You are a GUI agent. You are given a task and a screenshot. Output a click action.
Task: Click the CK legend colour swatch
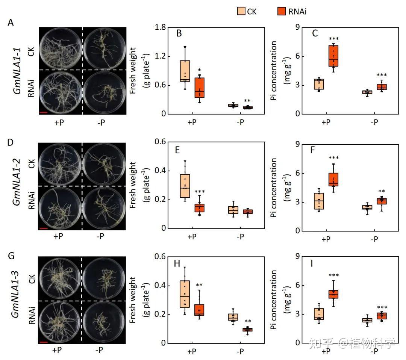point(241,12)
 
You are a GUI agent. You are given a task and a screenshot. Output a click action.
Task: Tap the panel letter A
point(11,23)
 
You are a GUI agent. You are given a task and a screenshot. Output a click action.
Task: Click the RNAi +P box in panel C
point(333,56)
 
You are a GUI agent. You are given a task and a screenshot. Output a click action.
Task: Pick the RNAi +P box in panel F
point(333,179)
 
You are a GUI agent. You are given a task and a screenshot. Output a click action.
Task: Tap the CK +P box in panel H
point(185,294)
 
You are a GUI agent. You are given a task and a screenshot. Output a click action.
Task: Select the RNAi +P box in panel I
point(333,294)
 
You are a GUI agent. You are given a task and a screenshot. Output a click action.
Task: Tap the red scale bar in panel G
point(44,342)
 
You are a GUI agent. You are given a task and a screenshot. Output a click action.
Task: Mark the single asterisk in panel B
point(199,70)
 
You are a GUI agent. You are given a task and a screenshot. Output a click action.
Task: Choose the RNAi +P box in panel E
point(199,208)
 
